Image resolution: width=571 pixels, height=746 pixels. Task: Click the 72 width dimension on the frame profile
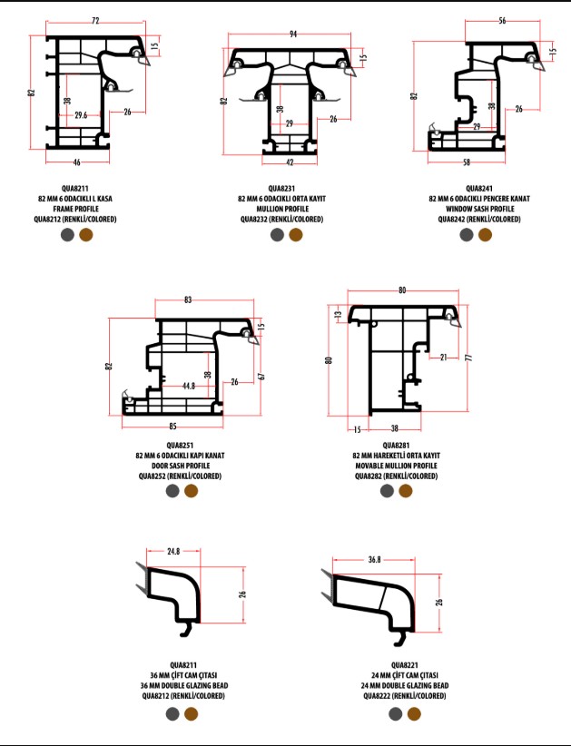pyautogui.click(x=95, y=21)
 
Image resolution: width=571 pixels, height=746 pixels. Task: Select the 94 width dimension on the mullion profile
pyautogui.click(x=293, y=34)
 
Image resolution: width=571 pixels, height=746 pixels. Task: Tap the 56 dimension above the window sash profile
pyautogui.click(x=503, y=21)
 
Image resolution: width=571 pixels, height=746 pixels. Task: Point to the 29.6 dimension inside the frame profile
pyautogui.click(x=81, y=114)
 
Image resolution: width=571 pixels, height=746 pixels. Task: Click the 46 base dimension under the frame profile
pyautogui.click(x=76, y=162)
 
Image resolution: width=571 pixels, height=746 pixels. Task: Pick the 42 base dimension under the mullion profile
pyautogui.click(x=290, y=162)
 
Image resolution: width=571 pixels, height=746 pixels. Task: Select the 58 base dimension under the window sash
pyautogui.click(x=467, y=162)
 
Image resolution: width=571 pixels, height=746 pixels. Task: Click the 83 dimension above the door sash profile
pyautogui.click(x=188, y=299)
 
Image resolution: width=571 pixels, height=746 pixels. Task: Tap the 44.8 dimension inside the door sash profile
pyautogui.click(x=189, y=386)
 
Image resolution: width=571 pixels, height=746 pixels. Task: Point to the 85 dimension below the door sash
pyautogui.click(x=172, y=427)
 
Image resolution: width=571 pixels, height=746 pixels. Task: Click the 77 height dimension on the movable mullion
pyautogui.click(x=469, y=358)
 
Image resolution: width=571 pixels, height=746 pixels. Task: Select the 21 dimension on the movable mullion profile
pyautogui.click(x=444, y=358)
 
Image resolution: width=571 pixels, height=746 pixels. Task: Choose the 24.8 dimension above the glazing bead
pyautogui.click(x=173, y=552)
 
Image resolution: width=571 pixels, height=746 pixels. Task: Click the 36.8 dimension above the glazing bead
pyautogui.click(x=375, y=559)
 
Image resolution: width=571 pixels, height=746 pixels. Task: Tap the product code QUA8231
pyautogui.click(x=281, y=189)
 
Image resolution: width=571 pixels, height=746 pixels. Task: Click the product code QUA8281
pyautogui.click(x=396, y=446)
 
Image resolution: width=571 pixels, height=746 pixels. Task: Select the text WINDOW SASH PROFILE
pyautogui.click(x=479, y=209)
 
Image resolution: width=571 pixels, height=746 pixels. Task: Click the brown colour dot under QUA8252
pyautogui.click(x=192, y=491)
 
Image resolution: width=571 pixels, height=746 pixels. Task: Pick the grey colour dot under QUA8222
pyautogui.click(x=396, y=713)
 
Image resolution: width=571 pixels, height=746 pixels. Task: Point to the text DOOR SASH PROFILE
pyautogui.click(x=181, y=466)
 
